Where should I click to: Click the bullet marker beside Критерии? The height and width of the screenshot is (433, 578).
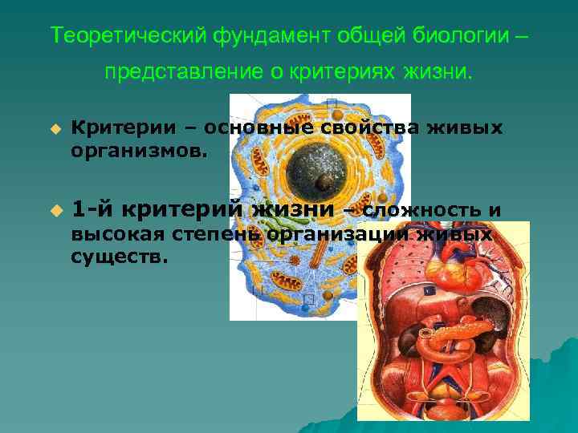pos(55,128)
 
